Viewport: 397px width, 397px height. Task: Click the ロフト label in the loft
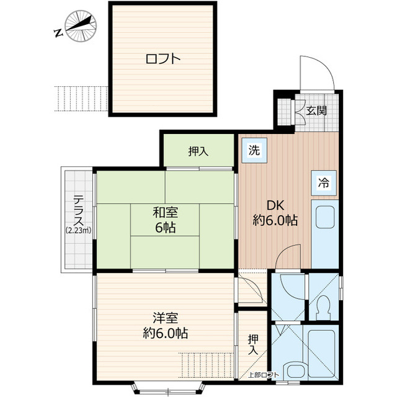click(163, 59)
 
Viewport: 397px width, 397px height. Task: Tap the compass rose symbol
click(81, 25)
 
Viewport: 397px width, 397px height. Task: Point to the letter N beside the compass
click(58, 33)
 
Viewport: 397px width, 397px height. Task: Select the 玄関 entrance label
click(316, 110)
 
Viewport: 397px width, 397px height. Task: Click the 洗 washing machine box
click(254, 150)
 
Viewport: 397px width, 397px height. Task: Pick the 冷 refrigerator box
click(324, 183)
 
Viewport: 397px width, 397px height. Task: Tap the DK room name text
click(276, 205)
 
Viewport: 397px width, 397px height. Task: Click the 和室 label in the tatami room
click(166, 212)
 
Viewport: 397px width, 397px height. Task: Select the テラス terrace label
click(79, 211)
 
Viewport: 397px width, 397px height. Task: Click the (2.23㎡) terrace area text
click(79, 230)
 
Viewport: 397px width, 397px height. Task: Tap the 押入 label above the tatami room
click(198, 151)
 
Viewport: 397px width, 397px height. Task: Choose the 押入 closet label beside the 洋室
click(253, 345)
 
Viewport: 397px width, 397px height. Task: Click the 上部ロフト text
click(263, 375)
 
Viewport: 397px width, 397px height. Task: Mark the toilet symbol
click(323, 307)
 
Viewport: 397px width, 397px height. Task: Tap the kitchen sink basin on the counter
click(324, 217)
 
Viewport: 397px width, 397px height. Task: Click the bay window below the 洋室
click(168, 386)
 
